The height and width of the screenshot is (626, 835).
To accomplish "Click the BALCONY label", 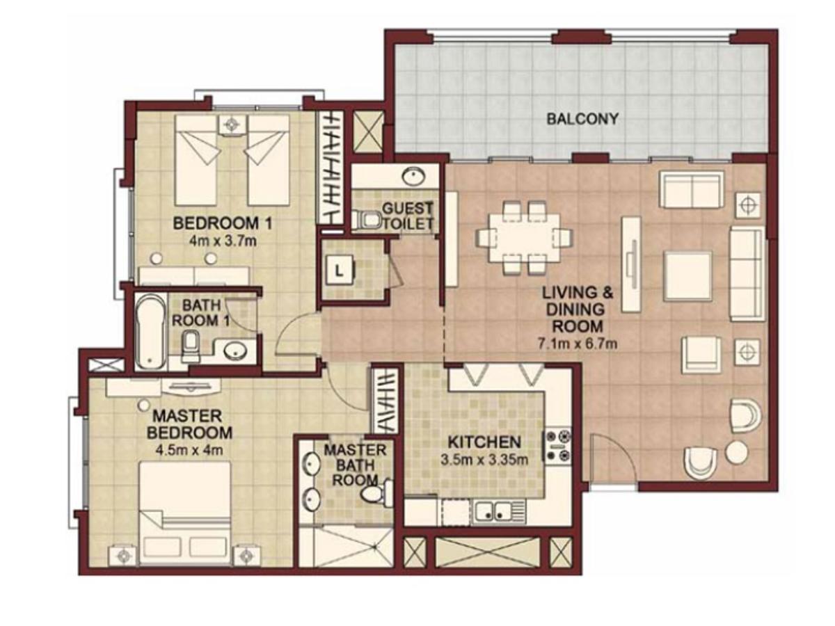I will coord(582,119).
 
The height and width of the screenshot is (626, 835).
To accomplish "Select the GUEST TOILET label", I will coord(408,216).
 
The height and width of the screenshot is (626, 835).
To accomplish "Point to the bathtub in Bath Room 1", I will coord(151,332).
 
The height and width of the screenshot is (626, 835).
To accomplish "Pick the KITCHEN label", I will coord(484,442).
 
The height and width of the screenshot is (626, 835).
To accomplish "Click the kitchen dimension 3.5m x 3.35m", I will coord(484,459).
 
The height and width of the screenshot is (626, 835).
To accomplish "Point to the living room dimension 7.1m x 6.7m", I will coord(578,343).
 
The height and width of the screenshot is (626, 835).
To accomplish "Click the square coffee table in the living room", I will coord(687,275).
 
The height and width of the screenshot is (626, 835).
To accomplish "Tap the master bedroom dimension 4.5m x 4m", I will coord(191,449).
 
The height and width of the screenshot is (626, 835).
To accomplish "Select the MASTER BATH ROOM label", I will coord(354,465).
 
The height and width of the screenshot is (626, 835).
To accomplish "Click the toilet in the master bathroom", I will coord(373,495).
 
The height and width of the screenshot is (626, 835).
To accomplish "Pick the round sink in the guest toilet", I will coord(415,175).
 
